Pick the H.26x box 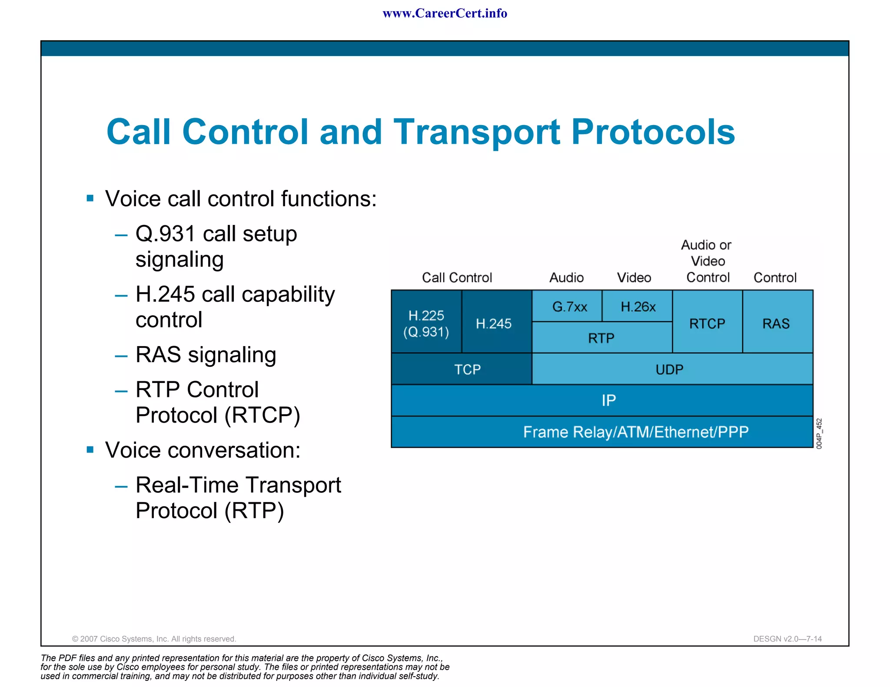pos(638,307)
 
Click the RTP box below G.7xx pos(601,338)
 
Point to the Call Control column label pos(457,277)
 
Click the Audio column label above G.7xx pos(566,277)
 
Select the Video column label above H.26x pos(634,277)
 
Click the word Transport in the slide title pos(477,132)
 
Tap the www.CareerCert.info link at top pos(445,13)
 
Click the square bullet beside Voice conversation pos(90,449)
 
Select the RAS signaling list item pos(206,355)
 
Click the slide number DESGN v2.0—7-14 pos(787,639)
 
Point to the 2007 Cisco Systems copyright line pos(154,639)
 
